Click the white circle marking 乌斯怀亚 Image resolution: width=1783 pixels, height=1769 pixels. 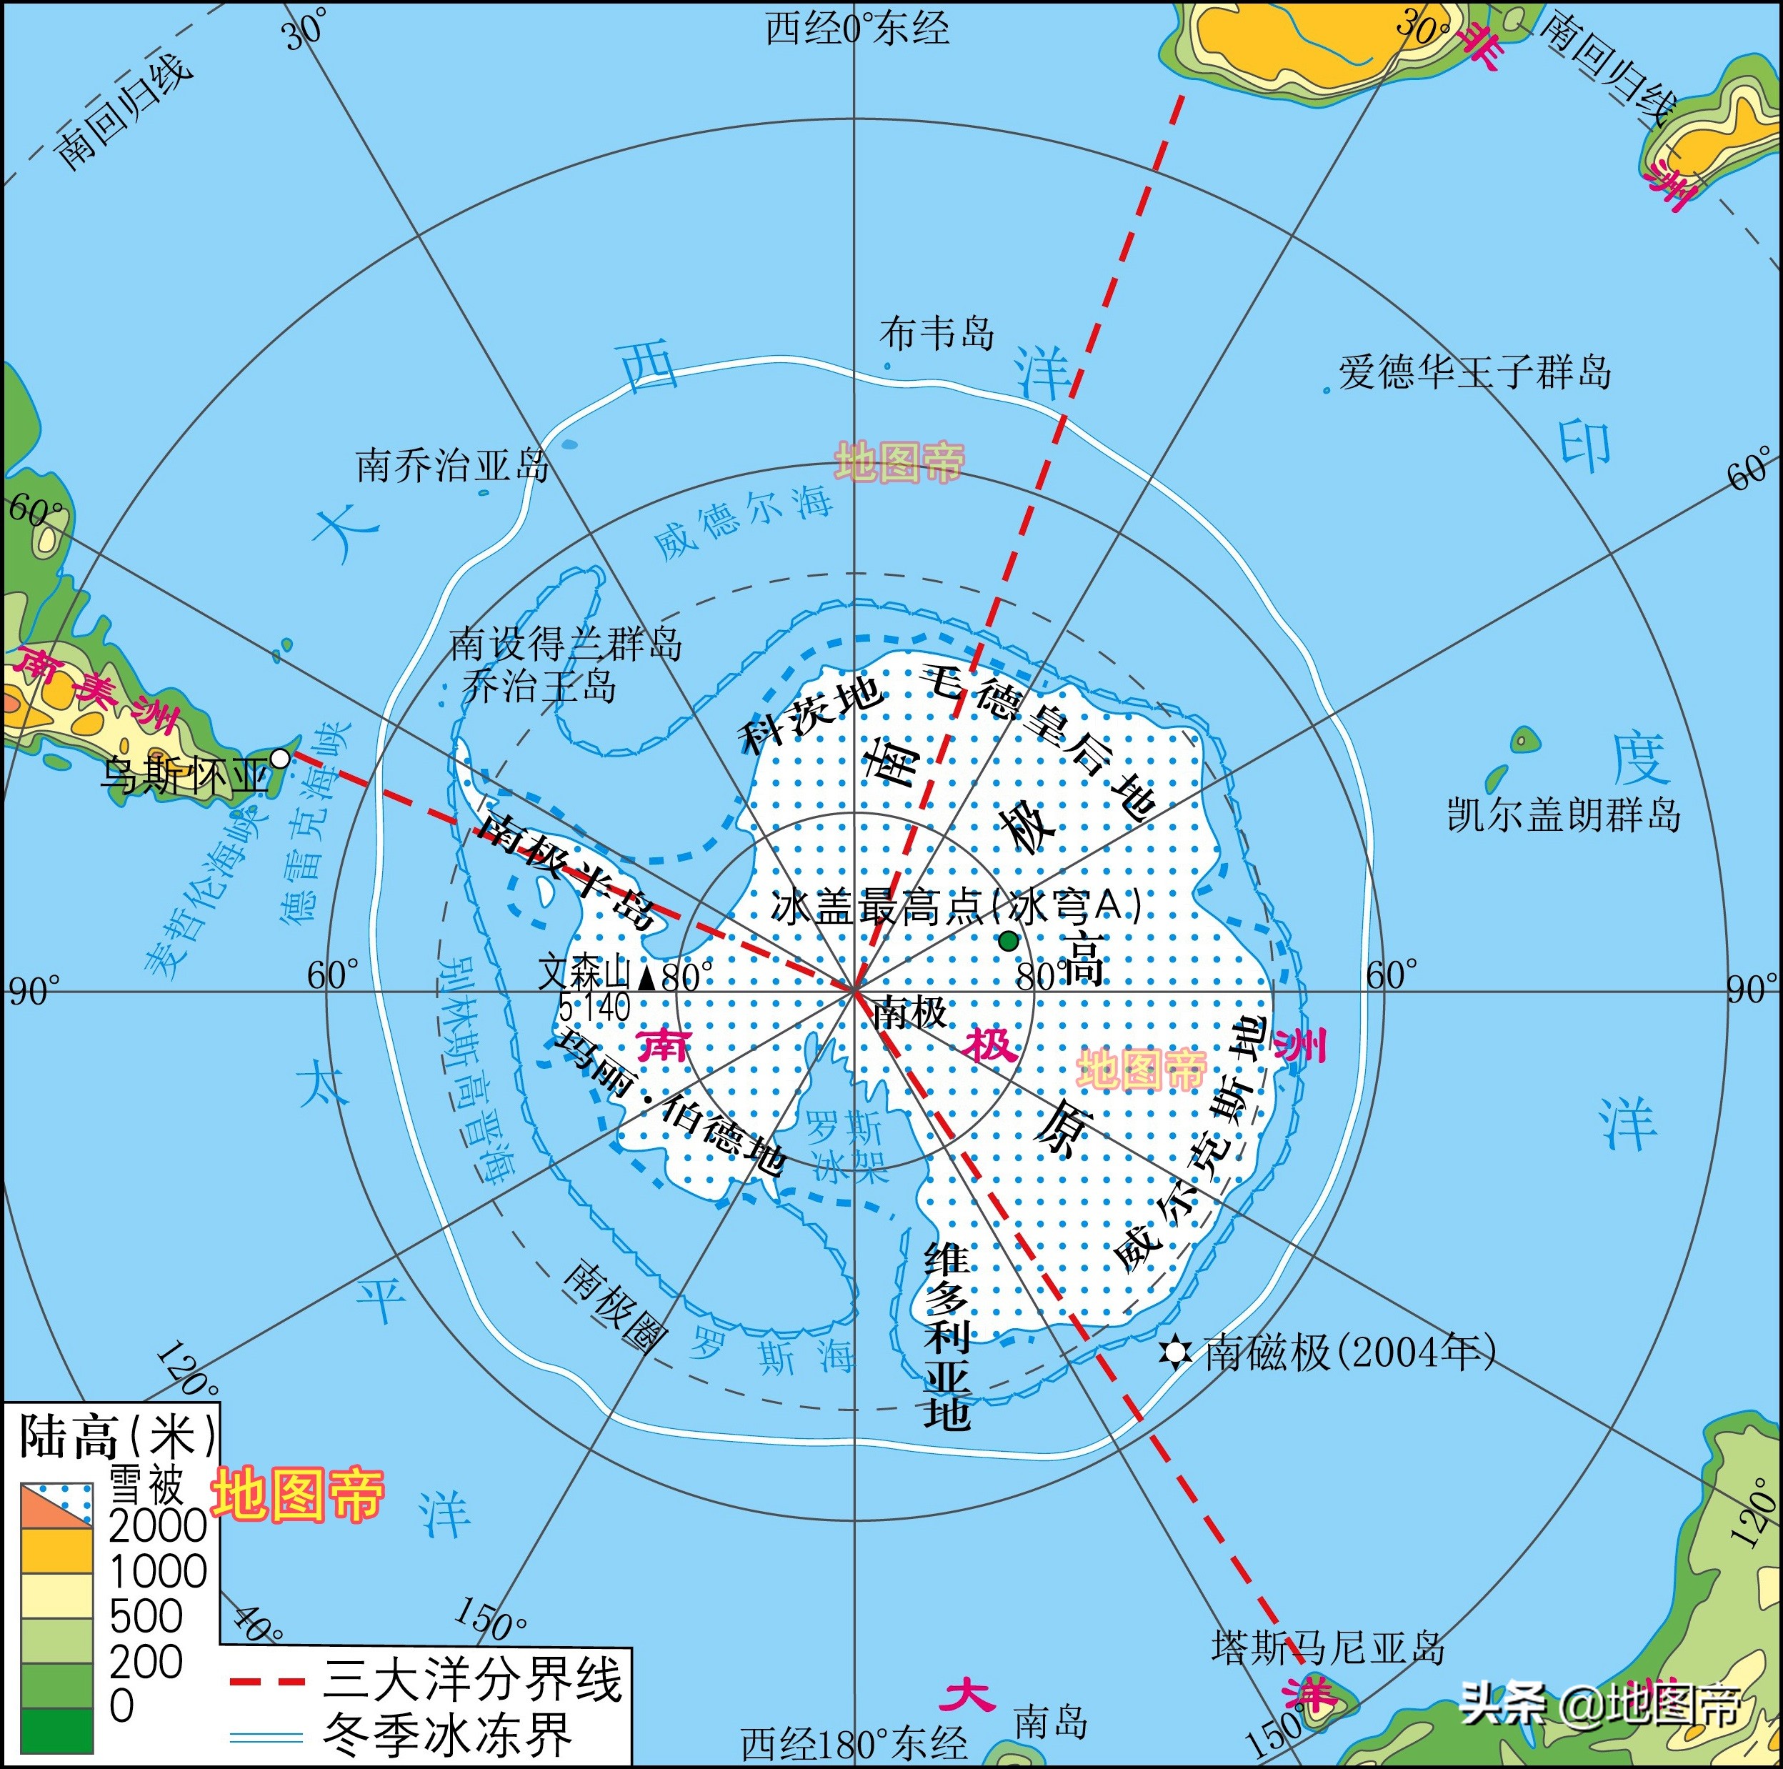(279, 759)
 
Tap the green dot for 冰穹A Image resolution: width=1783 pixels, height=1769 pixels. (1008, 940)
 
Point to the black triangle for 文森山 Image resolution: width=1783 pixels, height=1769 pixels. (647, 977)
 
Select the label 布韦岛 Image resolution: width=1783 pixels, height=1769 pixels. (936, 333)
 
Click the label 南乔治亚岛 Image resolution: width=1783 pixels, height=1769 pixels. (452, 465)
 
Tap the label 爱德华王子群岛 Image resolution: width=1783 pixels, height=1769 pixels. (1474, 373)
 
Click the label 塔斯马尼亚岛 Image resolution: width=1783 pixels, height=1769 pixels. (1327, 1648)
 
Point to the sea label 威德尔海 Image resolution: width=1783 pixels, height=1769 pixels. (743, 522)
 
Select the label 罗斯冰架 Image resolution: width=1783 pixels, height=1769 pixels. (846, 1147)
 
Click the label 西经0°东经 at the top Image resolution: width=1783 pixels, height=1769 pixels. (857, 29)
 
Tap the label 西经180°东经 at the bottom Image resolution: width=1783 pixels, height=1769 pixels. (854, 1743)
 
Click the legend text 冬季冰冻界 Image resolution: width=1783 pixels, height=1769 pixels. (448, 1735)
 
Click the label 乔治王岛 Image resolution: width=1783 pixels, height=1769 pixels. (538, 687)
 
